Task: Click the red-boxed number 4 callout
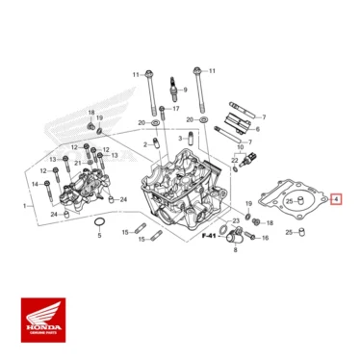tap(335, 200)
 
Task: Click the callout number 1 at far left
tap(23, 205)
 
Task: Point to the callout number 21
tap(77, 164)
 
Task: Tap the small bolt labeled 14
tap(49, 183)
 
